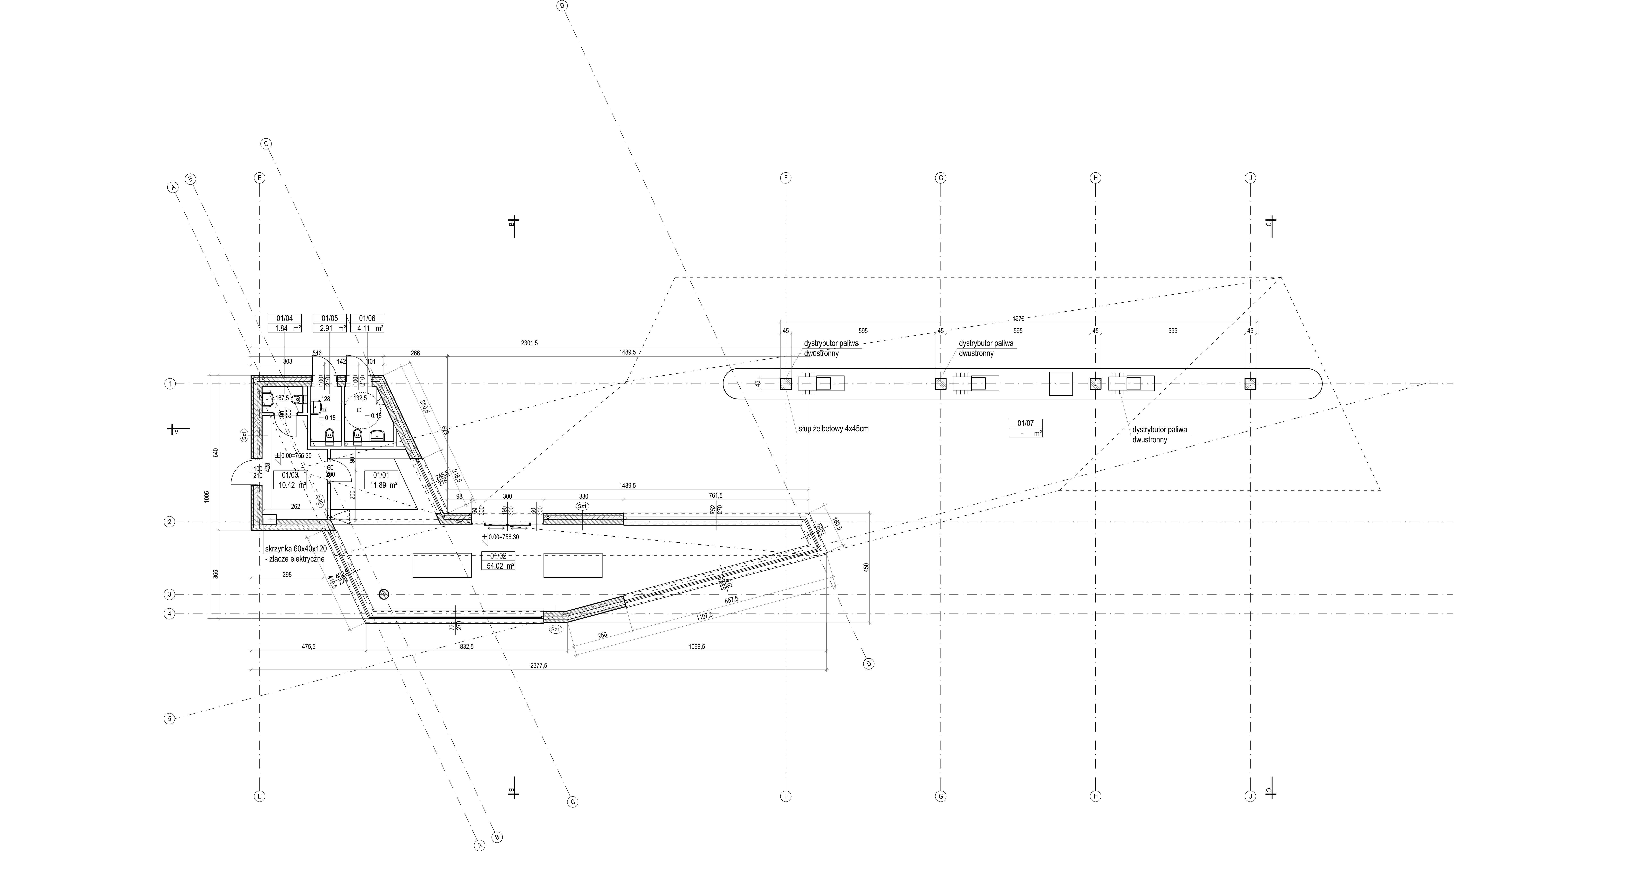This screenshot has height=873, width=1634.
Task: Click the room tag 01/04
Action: tap(285, 319)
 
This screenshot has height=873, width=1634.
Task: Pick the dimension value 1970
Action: tap(1018, 319)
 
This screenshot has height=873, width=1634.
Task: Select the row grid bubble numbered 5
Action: tap(169, 719)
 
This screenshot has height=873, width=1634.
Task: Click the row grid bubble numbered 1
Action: tap(169, 384)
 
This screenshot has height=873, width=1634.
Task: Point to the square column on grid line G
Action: tap(941, 384)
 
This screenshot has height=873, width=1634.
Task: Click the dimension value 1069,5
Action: tap(696, 646)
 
